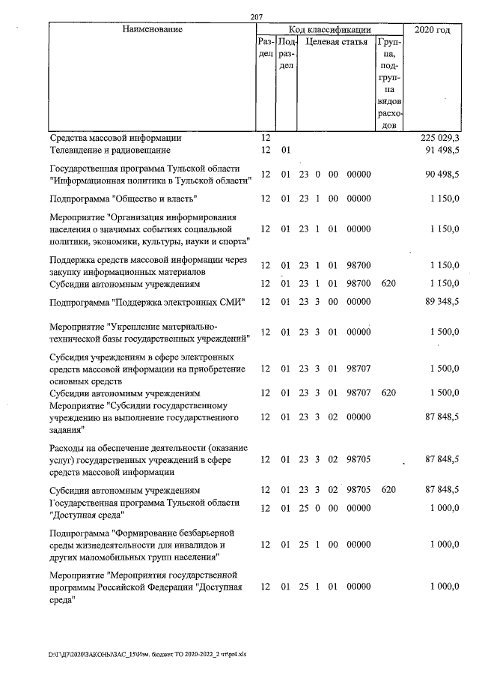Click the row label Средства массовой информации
[x=115, y=138]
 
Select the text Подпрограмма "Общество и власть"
[x=123, y=199]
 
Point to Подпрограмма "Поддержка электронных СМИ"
[x=148, y=302]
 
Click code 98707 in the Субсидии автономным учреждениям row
[x=359, y=392]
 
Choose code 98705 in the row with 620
[x=359, y=489]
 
